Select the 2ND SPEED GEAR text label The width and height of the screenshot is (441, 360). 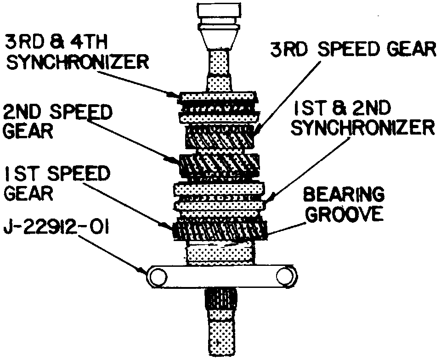[x=57, y=121]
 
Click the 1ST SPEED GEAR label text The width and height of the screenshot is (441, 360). [x=57, y=184]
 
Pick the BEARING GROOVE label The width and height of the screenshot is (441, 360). [x=345, y=204]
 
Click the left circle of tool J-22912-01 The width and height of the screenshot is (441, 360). [x=158, y=276]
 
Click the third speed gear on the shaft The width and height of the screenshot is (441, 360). [x=220, y=135]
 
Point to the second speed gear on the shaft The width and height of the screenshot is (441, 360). [x=220, y=165]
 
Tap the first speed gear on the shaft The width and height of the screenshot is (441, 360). [x=220, y=230]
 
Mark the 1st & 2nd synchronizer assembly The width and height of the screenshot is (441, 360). [x=220, y=197]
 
